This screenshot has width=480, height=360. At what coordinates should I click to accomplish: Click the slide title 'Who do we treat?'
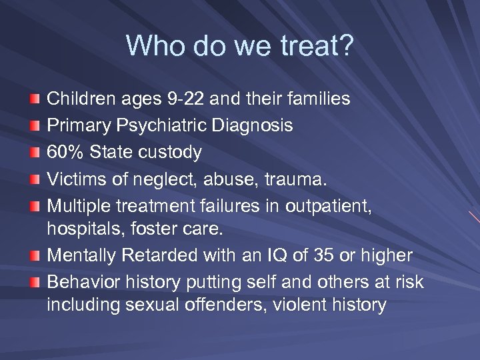pyautogui.click(x=240, y=46)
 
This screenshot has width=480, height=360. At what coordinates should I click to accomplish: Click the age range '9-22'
pyautogui.click(x=184, y=99)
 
